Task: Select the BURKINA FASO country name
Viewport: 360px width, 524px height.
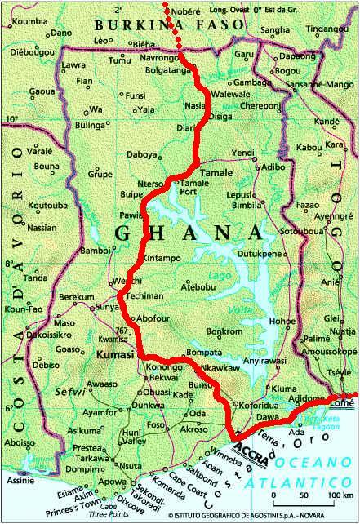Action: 171,25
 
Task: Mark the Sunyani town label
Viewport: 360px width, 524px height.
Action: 85,306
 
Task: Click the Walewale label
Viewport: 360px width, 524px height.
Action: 231,95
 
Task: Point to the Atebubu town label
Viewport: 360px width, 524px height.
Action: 198,286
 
